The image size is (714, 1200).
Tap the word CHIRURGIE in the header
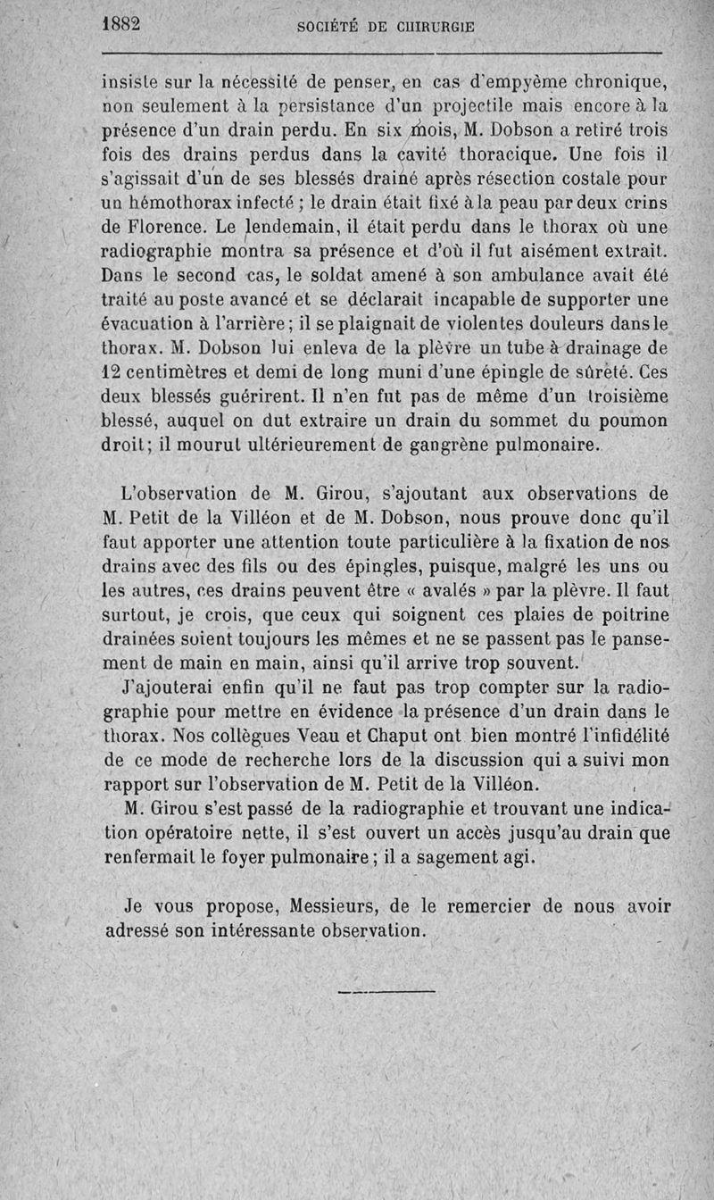(428, 27)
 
